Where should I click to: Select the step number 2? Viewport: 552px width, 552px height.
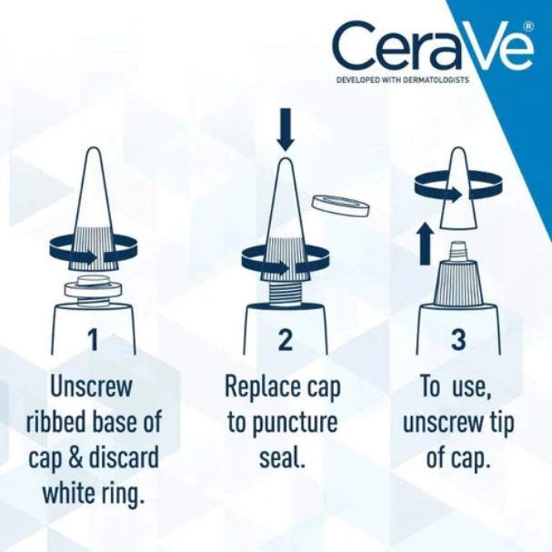pyautogui.click(x=286, y=340)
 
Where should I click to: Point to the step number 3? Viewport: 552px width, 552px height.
pyautogui.click(x=458, y=340)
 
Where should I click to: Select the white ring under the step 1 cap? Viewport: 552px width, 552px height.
pyautogui.click(x=92, y=289)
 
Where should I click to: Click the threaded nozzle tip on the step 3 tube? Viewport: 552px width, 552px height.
pyautogui.click(x=458, y=246)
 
